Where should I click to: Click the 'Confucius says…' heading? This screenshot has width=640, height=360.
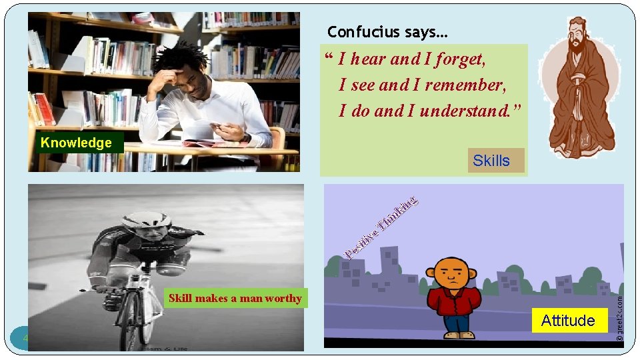tap(387, 32)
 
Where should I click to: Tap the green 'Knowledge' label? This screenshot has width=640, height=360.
tap(76, 143)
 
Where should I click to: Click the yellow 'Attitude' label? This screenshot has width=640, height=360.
tap(568, 321)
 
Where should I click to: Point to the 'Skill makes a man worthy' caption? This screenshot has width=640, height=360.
tap(235, 298)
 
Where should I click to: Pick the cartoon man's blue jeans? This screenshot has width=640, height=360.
tap(455, 325)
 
